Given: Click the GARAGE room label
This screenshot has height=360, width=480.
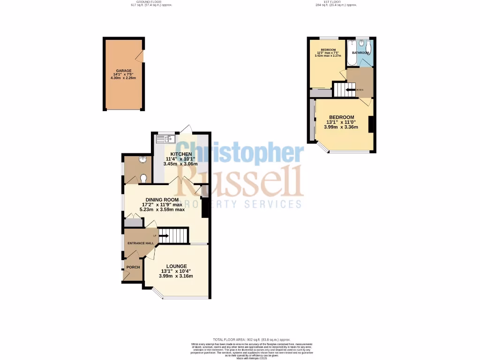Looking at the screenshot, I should (124, 70).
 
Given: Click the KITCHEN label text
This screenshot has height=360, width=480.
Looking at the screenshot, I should (180, 154).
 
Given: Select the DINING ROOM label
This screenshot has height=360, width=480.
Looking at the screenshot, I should (162, 199).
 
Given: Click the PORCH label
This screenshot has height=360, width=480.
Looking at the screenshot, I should (133, 268).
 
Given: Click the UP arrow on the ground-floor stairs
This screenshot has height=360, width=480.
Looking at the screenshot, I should (163, 236).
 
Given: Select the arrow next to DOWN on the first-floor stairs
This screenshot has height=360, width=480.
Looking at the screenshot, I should (349, 90).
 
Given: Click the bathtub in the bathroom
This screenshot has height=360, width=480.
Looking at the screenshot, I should (352, 52).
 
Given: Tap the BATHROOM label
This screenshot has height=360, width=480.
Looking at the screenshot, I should (360, 52).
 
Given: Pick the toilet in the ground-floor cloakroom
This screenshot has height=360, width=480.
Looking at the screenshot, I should (144, 178).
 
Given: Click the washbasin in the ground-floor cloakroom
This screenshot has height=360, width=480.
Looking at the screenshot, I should (142, 161).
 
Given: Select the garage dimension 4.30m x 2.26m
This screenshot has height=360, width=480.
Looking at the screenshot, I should (124, 78).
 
